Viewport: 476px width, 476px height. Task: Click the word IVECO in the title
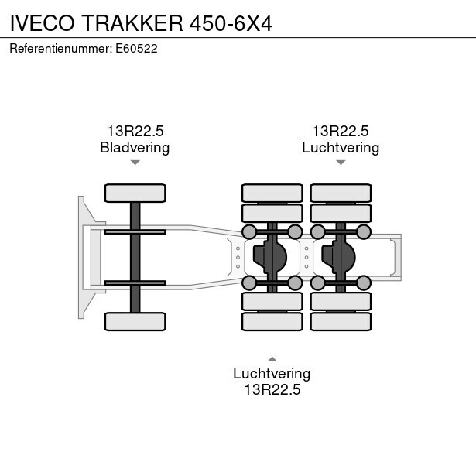pyautogui.click(x=43, y=23)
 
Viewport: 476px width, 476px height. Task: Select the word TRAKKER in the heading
pyautogui.click(x=132, y=23)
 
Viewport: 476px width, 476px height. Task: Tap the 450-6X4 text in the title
pyautogui.click(x=231, y=23)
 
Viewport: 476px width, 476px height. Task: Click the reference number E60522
pyautogui.click(x=136, y=49)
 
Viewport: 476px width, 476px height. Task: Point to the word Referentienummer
pyautogui.click(x=60, y=49)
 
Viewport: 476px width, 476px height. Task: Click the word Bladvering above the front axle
pyautogui.click(x=135, y=148)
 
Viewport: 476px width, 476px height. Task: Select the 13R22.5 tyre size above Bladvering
pyautogui.click(x=135, y=131)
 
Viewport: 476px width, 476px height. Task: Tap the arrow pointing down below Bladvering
pyautogui.click(x=135, y=163)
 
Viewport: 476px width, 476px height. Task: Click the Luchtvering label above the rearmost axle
pyautogui.click(x=341, y=148)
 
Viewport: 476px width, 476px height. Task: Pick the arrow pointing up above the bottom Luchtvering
pyautogui.click(x=272, y=359)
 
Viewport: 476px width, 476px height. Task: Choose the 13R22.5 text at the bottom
pyautogui.click(x=272, y=389)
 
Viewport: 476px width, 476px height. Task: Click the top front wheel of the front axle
pyautogui.click(x=135, y=193)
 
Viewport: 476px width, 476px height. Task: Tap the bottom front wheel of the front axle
pyautogui.click(x=135, y=321)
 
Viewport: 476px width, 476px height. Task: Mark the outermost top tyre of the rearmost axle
pyautogui.click(x=341, y=193)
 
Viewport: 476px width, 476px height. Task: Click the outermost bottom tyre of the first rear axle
pyautogui.click(x=272, y=321)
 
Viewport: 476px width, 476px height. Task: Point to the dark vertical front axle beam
pyautogui.click(x=135, y=258)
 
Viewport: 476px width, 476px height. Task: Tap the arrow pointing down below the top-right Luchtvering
pyautogui.click(x=341, y=163)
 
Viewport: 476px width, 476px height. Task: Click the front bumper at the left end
pyautogui.click(x=81, y=258)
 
